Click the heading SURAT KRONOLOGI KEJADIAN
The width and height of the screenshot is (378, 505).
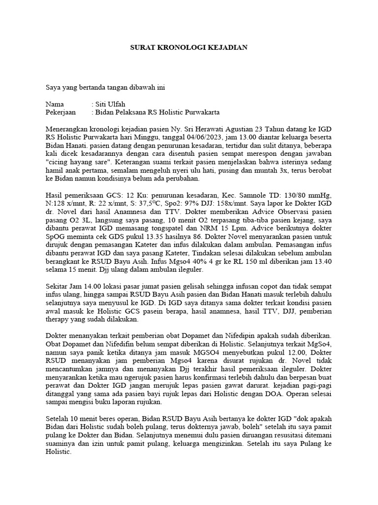[189, 47]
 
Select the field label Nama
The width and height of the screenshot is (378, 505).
[55, 105]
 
